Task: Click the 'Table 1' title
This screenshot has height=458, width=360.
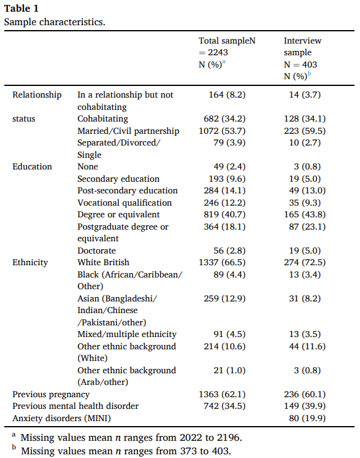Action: [21, 9]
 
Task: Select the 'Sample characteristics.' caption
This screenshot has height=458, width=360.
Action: [55, 22]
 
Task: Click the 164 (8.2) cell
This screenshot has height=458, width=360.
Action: [227, 95]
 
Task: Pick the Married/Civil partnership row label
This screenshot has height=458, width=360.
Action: [128, 131]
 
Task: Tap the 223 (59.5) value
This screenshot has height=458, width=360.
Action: [305, 131]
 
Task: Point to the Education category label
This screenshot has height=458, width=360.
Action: [32, 166]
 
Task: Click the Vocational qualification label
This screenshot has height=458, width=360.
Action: [124, 203]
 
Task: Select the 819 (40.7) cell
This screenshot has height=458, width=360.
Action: [224, 214]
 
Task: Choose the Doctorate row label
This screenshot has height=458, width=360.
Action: [96, 250]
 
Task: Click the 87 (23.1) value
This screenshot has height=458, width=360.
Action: [307, 227]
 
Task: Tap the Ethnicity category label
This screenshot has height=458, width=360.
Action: [30, 263]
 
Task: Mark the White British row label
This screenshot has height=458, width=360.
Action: [103, 262]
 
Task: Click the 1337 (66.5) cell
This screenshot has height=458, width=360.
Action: [222, 262]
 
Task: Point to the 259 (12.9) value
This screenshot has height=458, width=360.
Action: [224, 298]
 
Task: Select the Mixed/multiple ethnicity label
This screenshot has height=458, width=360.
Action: [127, 334]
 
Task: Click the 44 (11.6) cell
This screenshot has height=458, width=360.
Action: [307, 346]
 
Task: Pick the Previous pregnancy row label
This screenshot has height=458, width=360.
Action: [51, 395]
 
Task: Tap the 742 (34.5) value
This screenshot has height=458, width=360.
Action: [224, 406]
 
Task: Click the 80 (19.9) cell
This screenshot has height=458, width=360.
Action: [307, 418]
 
